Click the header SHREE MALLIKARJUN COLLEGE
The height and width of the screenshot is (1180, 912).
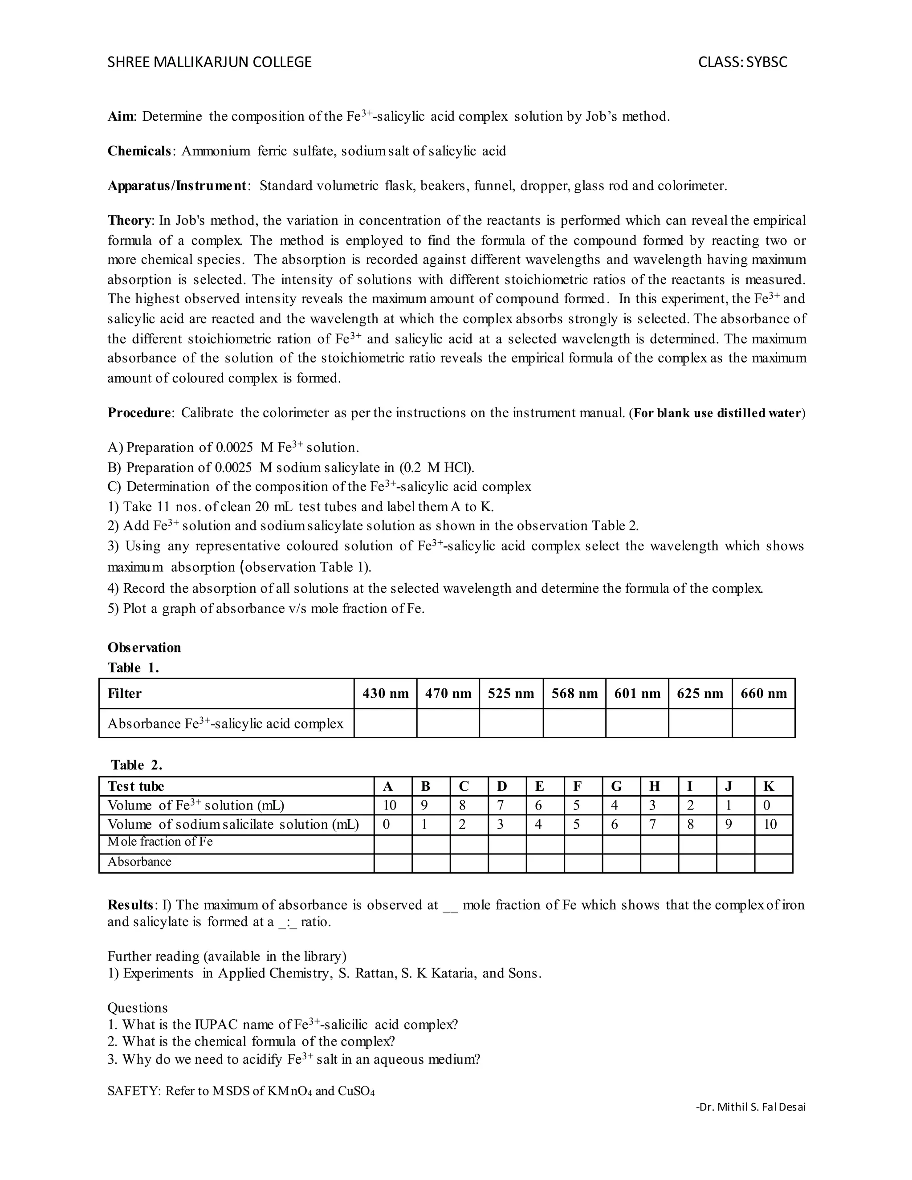[x=210, y=62]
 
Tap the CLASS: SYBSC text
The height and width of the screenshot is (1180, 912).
[x=742, y=62]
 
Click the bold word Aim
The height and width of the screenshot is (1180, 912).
[x=122, y=117]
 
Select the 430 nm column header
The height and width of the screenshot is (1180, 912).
[x=385, y=694]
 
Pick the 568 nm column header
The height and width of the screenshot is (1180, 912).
[x=574, y=694]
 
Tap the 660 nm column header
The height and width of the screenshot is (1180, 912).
[x=763, y=694]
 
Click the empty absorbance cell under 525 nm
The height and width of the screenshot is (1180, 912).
[x=511, y=724]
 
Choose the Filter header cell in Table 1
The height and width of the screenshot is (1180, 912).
[x=125, y=694]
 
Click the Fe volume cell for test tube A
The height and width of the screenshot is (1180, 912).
[x=390, y=806]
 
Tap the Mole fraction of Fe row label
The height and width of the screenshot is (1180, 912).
[x=160, y=842]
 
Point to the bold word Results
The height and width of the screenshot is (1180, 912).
[x=130, y=905]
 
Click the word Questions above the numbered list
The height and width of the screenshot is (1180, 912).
[x=137, y=1008]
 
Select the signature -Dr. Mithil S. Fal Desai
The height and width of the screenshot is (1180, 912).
[x=750, y=1107]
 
